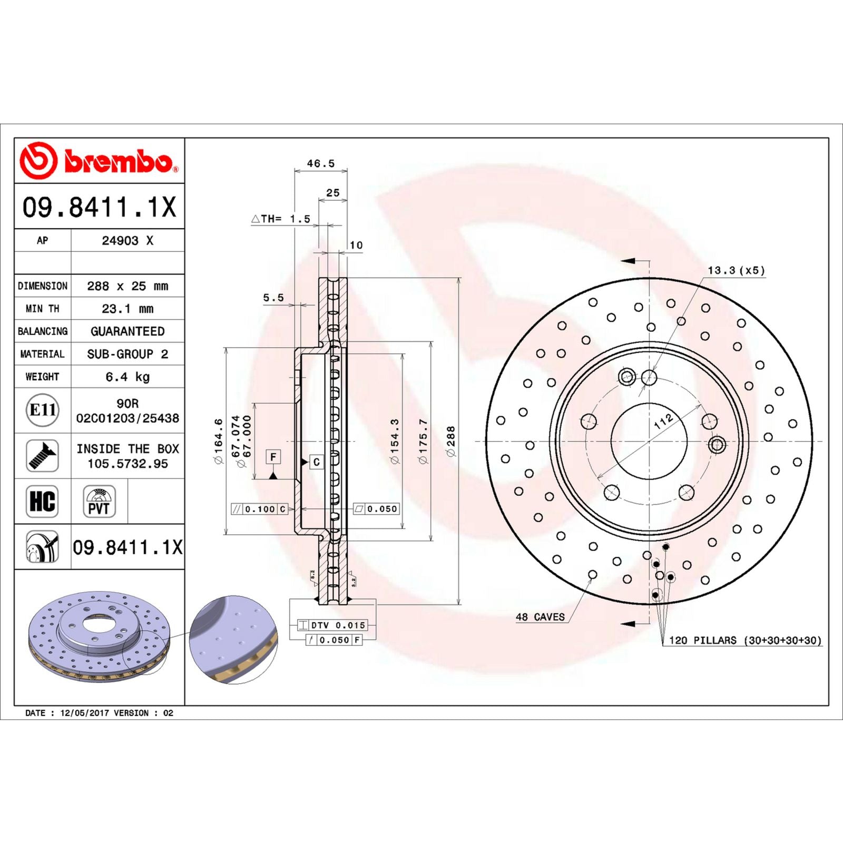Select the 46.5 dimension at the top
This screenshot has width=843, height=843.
click(x=320, y=163)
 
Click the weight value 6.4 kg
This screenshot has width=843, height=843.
click(x=128, y=377)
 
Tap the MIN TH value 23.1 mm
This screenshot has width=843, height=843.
click(x=128, y=309)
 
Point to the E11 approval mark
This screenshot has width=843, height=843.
click(x=42, y=410)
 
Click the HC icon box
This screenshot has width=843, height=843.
click(x=42, y=501)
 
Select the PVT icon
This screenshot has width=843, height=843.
click(x=99, y=502)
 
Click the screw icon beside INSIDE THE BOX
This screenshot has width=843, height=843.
click(x=42, y=456)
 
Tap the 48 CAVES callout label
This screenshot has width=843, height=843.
click(x=540, y=617)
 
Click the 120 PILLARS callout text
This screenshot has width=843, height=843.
click(x=744, y=640)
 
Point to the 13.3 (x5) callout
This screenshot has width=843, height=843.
click(x=736, y=270)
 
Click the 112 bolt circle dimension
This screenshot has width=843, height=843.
click(x=663, y=421)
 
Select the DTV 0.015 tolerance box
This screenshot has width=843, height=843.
click(x=333, y=625)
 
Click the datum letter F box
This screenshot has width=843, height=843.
click(x=273, y=457)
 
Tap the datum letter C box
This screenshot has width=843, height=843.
click(x=316, y=462)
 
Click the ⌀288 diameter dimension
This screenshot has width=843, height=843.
click(x=450, y=441)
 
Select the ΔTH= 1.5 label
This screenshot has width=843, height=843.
click(x=281, y=219)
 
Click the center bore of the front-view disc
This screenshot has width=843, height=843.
click(x=649, y=442)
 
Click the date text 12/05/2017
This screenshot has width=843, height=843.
click(x=84, y=713)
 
